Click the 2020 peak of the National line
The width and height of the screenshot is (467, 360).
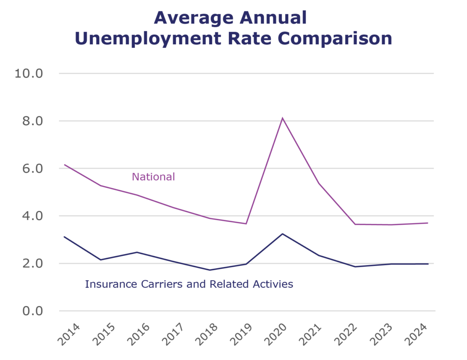point(283,118)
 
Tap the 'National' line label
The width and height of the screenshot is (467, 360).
point(153,177)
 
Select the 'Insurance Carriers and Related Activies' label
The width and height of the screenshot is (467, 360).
point(189,284)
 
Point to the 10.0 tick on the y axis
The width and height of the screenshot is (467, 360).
point(29,73)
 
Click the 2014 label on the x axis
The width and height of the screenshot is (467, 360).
point(68,334)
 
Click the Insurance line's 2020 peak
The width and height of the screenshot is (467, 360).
point(283,234)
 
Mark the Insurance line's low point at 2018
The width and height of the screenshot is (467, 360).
point(210,270)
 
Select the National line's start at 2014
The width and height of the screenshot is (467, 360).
point(64,164)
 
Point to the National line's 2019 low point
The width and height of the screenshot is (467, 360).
point(246,224)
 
